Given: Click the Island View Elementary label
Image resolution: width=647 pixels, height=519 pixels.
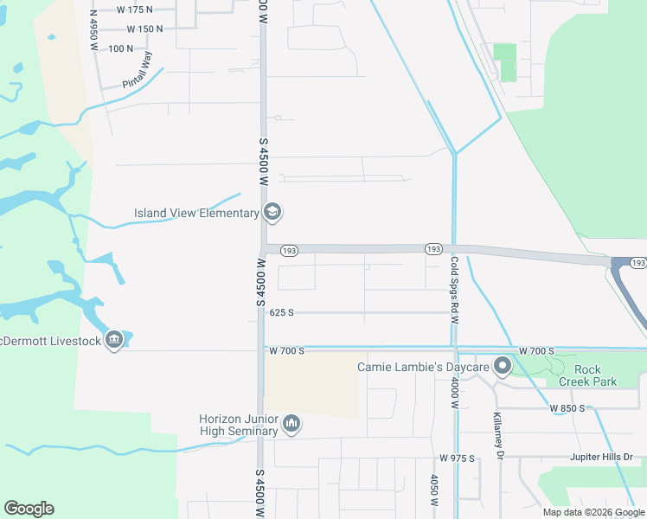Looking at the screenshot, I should (x=196, y=213).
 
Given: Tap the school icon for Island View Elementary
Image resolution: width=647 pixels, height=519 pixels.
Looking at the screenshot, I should (x=272, y=212).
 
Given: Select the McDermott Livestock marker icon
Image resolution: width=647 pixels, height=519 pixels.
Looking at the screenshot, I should (x=113, y=341).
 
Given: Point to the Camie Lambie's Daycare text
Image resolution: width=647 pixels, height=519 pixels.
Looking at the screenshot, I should (x=423, y=368).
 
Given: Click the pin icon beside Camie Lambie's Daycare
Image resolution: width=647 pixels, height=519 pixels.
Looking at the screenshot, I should (x=501, y=368).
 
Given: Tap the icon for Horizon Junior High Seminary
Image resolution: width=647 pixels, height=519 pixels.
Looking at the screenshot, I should (x=291, y=423).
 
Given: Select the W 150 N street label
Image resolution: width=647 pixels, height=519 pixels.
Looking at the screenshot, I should (x=144, y=29).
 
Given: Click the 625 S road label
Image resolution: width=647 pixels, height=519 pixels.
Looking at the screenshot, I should (x=282, y=312).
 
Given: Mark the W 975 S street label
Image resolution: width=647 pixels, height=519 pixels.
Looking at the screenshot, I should (x=457, y=458).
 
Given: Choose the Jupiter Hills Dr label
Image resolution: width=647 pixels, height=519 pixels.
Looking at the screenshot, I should (x=602, y=457).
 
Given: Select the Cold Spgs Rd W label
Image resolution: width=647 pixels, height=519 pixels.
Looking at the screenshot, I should (x=453, y=289).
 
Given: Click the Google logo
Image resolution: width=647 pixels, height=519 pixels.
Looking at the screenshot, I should (x=29, y=509).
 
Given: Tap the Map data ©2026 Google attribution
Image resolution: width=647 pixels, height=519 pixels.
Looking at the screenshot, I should (x=593, y=512).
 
